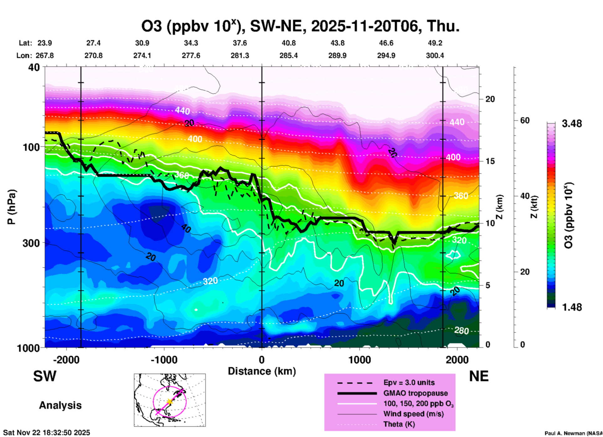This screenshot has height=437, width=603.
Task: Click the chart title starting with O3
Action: coord(300,26)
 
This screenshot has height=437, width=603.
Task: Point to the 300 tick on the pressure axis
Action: coord(31,243)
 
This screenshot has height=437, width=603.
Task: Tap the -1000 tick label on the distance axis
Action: coord(164,360)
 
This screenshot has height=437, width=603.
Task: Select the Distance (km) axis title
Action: coord(262,371)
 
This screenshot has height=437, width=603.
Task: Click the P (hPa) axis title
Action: coord(12,207)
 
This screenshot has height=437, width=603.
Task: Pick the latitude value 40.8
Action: coord(288,43)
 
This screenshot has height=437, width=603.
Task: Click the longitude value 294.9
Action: coord(386,55)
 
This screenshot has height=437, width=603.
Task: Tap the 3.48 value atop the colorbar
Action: coord(572,124)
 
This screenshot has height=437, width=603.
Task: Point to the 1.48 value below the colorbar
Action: coord(572,307)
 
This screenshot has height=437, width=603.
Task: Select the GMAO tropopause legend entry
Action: coord(415,393)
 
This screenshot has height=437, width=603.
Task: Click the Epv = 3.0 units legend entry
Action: coord(409,383)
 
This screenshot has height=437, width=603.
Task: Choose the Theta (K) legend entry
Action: coord(399,424)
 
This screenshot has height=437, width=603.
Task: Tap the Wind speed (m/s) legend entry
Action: coord(413,414)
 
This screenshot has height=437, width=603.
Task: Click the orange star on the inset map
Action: coord(169,401)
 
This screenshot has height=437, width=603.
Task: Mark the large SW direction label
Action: coord(45,376)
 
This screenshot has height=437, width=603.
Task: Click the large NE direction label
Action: coord(479,376)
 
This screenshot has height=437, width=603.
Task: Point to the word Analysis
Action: coord(60,405)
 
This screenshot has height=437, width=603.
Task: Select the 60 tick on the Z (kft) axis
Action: coord(525,121)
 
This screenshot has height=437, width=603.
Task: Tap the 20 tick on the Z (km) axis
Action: coord(490,99)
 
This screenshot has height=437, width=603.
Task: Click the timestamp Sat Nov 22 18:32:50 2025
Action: coord(47,433)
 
